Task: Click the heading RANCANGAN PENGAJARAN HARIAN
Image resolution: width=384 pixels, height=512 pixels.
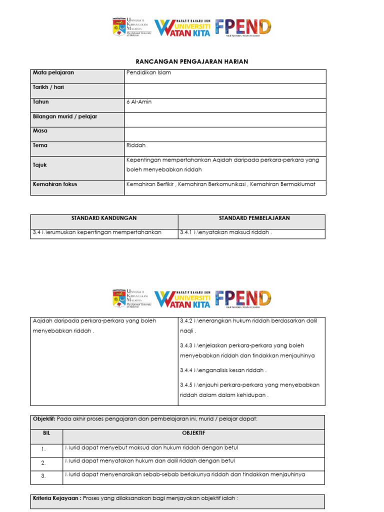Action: click(192, 61)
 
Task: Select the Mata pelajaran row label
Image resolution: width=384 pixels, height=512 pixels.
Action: click(53, 73)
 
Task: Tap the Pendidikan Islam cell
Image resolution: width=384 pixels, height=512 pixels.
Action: click(149, 73)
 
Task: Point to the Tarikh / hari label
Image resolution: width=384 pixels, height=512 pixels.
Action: click(48, 87)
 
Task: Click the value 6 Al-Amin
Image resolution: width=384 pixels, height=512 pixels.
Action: click(139, 102)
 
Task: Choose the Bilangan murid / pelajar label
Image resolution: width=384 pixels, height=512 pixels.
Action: click(65, 116)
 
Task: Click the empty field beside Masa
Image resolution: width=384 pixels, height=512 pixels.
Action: click(225, 134)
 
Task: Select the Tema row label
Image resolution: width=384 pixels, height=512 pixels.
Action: click(40, 145)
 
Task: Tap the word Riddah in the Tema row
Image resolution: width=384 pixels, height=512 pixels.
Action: click(135, 145)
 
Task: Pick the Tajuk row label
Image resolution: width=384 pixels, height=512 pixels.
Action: click(40, 164)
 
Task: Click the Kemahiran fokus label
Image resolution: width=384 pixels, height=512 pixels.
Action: click(55, 184)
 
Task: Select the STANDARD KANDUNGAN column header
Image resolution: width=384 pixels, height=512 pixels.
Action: click(104, 218)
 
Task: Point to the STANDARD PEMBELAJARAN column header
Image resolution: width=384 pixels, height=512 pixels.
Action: click(254, 218)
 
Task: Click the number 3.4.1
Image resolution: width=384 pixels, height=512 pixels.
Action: click(186, 233)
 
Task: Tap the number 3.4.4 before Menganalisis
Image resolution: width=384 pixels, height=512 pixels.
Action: click(186, 370)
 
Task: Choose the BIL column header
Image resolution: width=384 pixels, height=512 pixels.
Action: click(46, 433)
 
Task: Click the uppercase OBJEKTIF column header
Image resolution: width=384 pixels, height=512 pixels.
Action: click(193, 433)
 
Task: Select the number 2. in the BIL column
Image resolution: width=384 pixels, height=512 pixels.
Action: click(43, 462)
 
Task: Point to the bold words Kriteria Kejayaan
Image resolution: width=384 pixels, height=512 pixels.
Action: click(55, 498)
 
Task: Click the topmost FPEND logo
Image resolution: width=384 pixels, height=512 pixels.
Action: click(243, 27)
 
